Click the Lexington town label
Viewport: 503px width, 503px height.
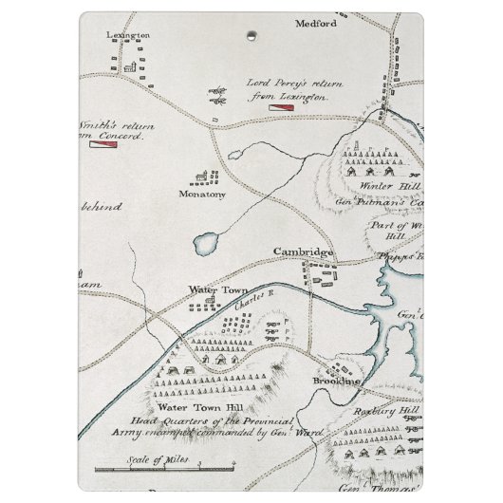coord(129,34)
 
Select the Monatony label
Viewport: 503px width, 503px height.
coord(198,194)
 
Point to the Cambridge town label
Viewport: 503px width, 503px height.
coord(304,252)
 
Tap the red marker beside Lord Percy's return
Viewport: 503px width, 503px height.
coord(282,108)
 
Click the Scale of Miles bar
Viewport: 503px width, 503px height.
coord(162,471)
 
